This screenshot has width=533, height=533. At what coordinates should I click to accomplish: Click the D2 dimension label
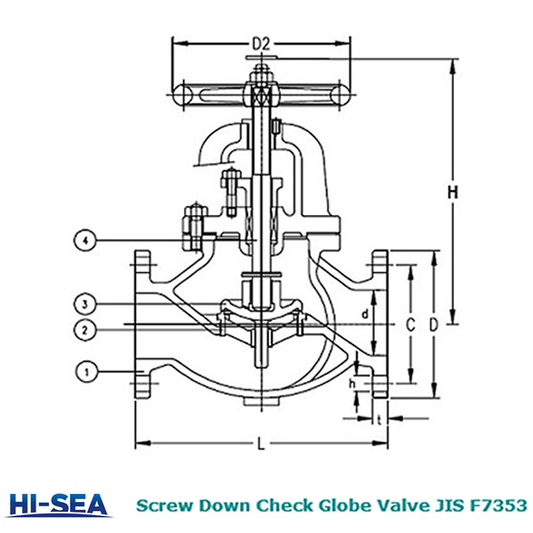261,44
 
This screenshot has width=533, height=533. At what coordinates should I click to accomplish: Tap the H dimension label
452,193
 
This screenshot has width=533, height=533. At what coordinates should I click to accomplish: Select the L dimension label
260,443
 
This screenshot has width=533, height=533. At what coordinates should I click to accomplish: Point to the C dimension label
410,325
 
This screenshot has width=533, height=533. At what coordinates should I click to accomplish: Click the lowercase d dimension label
365,314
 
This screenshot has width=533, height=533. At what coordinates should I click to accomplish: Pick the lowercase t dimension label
379,420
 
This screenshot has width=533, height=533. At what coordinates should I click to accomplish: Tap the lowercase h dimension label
352,384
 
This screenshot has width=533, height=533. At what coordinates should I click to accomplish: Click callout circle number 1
87,372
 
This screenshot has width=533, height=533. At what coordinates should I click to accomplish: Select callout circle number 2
85,330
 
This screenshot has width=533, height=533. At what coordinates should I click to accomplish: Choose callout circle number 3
85,304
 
